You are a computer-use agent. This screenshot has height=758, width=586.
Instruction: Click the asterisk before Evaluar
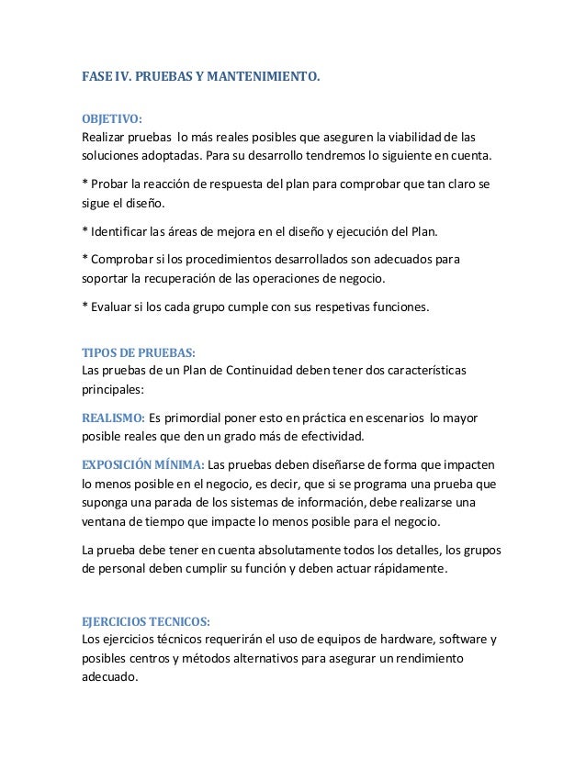(x=85, y=306)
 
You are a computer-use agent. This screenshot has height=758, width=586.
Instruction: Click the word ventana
(x=105, y=521)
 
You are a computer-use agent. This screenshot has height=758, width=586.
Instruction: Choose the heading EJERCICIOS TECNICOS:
(x=145, y=621)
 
